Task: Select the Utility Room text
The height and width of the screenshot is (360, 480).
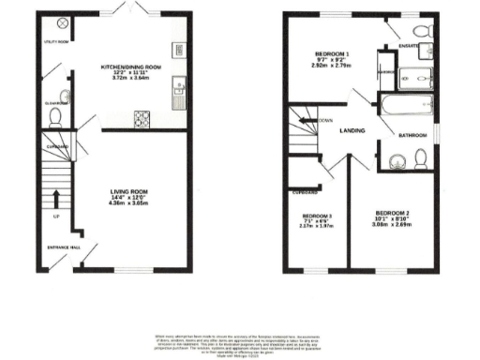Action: pos(56,42)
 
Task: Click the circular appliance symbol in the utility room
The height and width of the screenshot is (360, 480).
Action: pos(63,22)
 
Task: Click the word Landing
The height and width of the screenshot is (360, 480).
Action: pos(352,131)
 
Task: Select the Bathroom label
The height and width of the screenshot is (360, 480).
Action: pos(412,135)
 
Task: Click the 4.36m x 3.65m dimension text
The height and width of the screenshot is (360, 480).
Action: pos(131,203)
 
